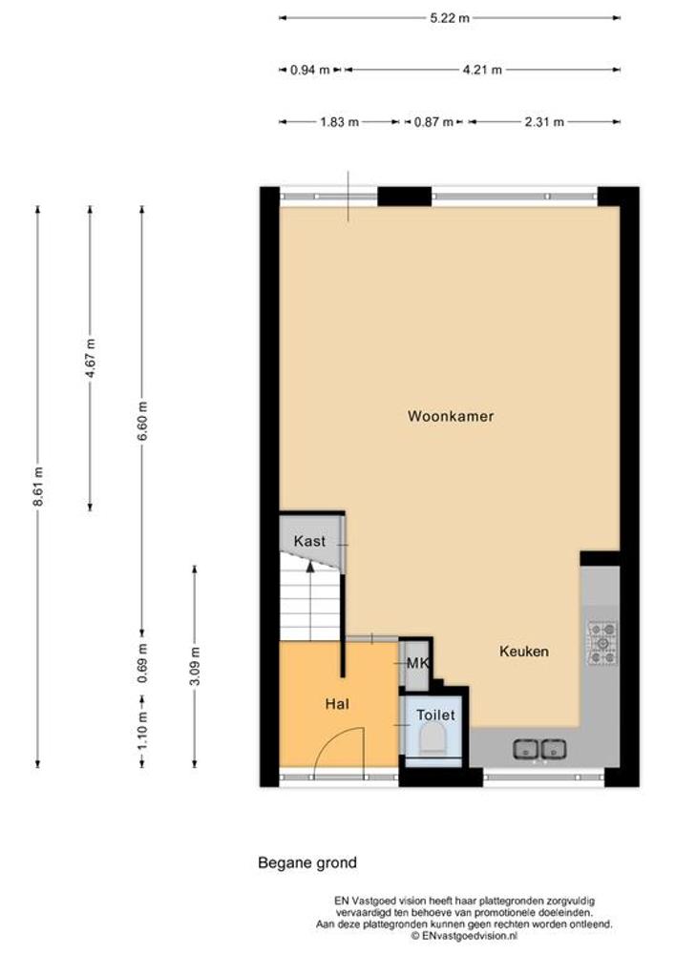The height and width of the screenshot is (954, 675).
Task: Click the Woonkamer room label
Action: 451,416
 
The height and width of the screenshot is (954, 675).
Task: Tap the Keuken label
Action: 524,651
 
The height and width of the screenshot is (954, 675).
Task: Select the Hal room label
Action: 337,704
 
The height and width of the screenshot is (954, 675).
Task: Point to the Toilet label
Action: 435,715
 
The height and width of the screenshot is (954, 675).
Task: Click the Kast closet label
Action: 309,541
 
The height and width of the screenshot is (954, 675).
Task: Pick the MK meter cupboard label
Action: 417,663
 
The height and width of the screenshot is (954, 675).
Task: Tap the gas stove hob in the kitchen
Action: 602,642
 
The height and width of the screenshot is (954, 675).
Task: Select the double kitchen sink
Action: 539,749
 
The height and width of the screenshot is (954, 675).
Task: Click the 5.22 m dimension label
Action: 450,17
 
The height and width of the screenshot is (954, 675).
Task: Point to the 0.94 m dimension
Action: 309,70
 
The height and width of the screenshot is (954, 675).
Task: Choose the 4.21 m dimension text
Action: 483,70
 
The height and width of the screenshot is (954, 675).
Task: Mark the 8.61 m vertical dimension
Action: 38,487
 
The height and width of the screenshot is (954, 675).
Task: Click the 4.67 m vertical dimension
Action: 90,359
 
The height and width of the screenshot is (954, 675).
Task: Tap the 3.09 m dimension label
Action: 195,666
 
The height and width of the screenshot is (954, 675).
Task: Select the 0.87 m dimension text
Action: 434,122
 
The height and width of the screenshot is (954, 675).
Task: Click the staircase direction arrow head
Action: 310,567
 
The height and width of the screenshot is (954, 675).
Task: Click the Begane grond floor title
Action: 307,862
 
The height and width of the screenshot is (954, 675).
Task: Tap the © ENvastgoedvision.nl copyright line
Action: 464,936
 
